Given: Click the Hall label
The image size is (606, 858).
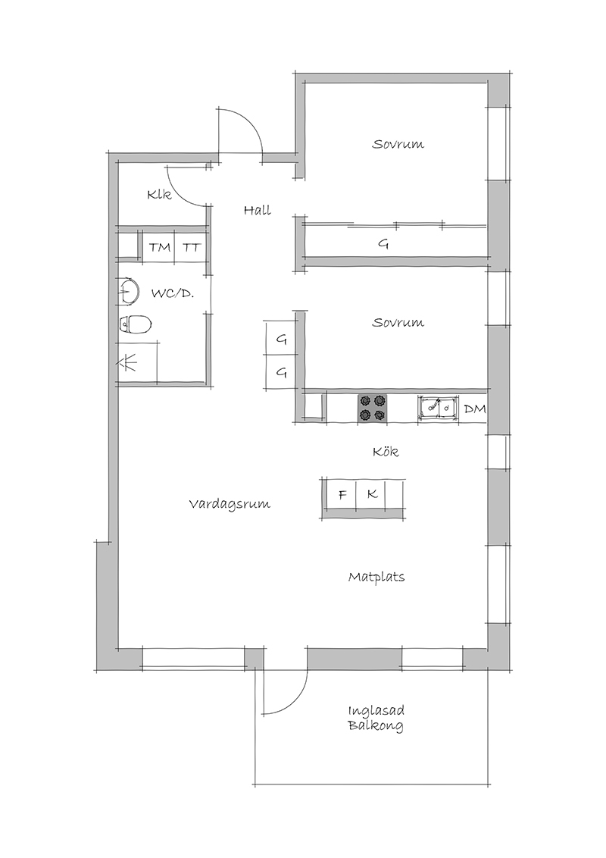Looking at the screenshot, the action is pos(257,210).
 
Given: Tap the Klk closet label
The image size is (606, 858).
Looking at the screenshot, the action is pos(159,194).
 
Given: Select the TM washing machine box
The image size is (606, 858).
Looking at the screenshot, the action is pos(160,247).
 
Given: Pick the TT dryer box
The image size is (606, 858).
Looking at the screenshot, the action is pos(192,247).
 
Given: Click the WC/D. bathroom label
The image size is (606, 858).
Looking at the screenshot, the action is pos(173,293).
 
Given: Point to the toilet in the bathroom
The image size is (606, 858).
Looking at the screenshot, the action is pos(135,324).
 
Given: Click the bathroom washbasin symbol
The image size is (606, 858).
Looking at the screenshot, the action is pos(129,290).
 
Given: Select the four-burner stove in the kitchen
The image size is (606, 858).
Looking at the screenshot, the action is pos(372,408).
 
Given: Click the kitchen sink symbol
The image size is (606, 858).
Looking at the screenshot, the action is pos(438,408).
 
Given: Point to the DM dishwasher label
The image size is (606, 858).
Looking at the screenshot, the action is pos(475,409).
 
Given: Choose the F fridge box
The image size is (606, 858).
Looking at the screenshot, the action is pos(342,494).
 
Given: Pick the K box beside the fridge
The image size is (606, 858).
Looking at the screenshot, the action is pos(371,494).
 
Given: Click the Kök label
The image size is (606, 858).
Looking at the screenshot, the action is pos(386,452).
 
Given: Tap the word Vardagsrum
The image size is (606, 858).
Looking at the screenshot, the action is pos(230,504).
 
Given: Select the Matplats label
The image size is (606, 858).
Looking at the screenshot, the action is pos(376,577).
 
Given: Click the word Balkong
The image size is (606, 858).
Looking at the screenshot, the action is pos(376,726).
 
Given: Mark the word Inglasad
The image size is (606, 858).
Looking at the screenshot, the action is pos(376,712).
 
